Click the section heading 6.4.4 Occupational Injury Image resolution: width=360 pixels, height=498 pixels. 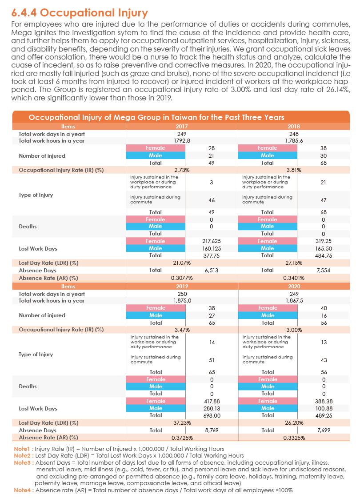[x=80, y=13]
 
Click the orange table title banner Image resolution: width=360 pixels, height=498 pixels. [x=181, y=117]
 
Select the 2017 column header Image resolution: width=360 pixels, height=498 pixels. [x=182, y=127]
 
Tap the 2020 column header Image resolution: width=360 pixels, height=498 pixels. [x=294, y=287]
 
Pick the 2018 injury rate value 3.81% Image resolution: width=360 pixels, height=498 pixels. [x=294, y=170]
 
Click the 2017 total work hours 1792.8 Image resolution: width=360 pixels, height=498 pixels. [x=182, y=141]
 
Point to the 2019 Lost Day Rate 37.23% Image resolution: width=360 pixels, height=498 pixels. [x=182, y=423]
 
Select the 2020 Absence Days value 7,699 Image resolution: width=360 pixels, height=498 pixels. [x=324, y=430]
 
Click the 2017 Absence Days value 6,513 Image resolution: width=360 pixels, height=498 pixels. [x=212, y=271]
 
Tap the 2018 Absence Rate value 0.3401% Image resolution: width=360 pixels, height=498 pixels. [x=294, y=278]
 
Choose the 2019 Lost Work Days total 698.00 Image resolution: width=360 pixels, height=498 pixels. [x=212, y=416]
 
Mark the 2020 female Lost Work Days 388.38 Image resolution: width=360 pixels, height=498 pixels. [x=324, y=402]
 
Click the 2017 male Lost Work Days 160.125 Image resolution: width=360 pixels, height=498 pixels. [x=212, y=249]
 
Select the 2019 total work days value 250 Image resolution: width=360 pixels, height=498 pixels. [x=182, y=294]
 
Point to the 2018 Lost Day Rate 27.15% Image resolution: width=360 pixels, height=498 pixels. [x=294, y=263]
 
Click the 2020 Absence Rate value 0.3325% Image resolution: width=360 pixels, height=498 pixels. [x=294, y=438]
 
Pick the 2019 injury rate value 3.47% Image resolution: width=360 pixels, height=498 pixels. [x=182, y=330]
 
